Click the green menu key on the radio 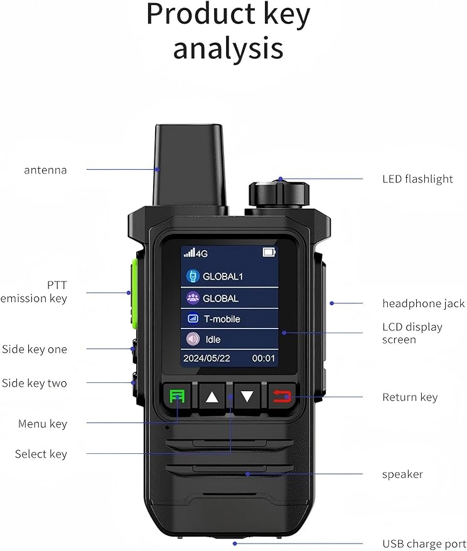[177, 396]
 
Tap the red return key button [282, 396]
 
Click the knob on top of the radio [279, 194]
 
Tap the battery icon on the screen [269, 253]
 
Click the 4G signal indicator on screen [196, 253]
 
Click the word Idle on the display [213, 340]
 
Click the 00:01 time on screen [264, 359]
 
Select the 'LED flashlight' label [417, 179]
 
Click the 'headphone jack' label [424, 304]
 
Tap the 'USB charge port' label [424, 544]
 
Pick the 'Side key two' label [35, 383]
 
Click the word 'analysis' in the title [228, 49]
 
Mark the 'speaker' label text [402, 475]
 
